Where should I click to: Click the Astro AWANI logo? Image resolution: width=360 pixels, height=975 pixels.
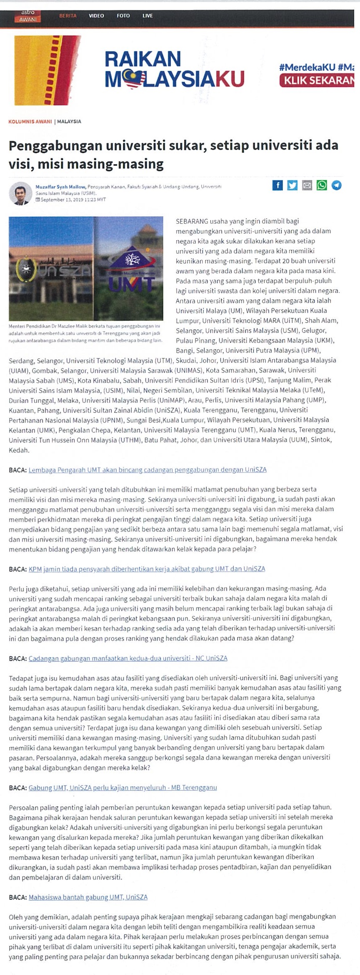tap(28, 16)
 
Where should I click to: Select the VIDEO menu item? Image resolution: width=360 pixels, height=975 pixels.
tap(96, 16)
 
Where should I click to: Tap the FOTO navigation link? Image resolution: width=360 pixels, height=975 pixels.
tap(123, 16)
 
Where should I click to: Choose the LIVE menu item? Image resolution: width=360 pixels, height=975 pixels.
tap(147, 16)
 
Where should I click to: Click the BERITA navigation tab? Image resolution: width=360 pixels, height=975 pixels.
tap(68, 16)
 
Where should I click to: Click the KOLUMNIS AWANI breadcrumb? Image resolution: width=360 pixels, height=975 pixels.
tap(30, 122)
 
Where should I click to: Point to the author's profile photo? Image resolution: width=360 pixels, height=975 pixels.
tap(20, 193)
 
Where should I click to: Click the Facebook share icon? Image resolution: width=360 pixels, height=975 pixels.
tap(277, 185)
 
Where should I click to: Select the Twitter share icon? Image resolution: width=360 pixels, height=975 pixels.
tap(292, 185)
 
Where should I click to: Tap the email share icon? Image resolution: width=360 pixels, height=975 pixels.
tap(307, 185)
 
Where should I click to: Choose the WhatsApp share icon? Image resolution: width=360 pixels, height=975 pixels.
tap(322, 185)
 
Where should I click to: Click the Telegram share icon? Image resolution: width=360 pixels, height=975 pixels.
tap(336, 185)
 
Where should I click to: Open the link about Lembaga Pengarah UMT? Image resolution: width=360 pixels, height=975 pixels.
tap(147, 470)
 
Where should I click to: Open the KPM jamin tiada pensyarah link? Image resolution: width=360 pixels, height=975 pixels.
tap(147, 569)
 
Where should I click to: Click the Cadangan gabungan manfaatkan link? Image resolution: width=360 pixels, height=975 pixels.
tap(128, 658)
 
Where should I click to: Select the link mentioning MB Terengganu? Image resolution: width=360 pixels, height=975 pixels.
tap(122, 787)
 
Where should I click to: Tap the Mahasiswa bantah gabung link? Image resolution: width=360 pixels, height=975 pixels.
tap(88, 897)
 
